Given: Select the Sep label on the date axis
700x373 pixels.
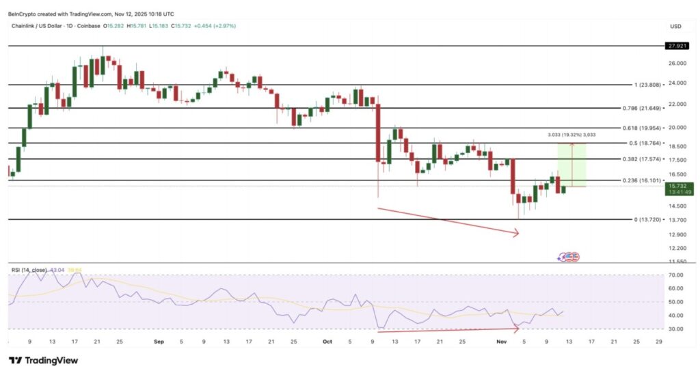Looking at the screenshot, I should (x=159, y=340).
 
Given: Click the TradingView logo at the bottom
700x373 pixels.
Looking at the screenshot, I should (x=43, y=361).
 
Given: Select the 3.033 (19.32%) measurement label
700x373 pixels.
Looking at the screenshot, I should (x=571, y=135).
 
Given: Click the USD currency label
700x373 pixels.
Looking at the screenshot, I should (x=676, y=27).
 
